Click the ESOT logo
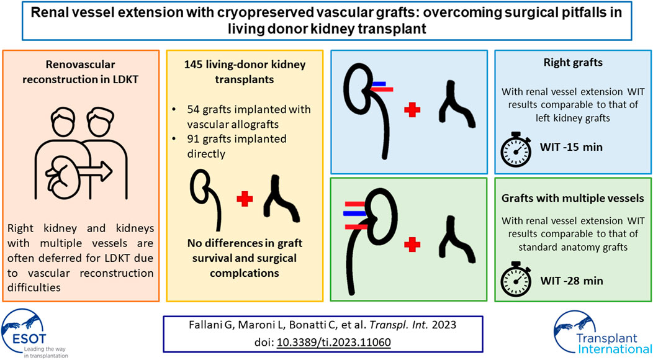point(34,333)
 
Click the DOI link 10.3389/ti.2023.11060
point(333,343)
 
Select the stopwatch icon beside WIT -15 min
point(516,149)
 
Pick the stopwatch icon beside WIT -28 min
point(516,279)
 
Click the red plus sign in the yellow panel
point(245,199)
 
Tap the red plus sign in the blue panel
point(412,110)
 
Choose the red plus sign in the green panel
point(412,245)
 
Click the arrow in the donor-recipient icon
point(95,171)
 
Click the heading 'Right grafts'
point(573,63)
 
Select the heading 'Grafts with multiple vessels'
point(573,198)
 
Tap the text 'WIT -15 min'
point(571,147)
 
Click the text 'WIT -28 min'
point(571,281)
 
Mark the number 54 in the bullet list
point(193,110)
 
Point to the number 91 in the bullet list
point(193,139)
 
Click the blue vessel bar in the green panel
point(355,214)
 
